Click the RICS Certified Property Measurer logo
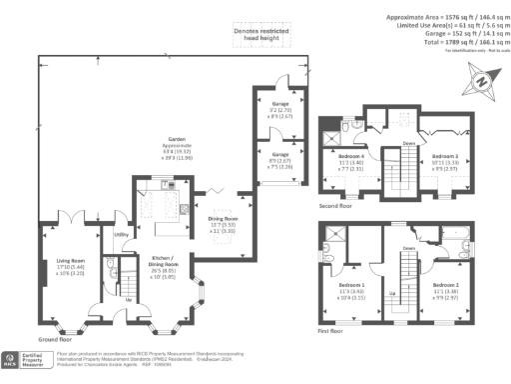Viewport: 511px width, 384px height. pos(27,358)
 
